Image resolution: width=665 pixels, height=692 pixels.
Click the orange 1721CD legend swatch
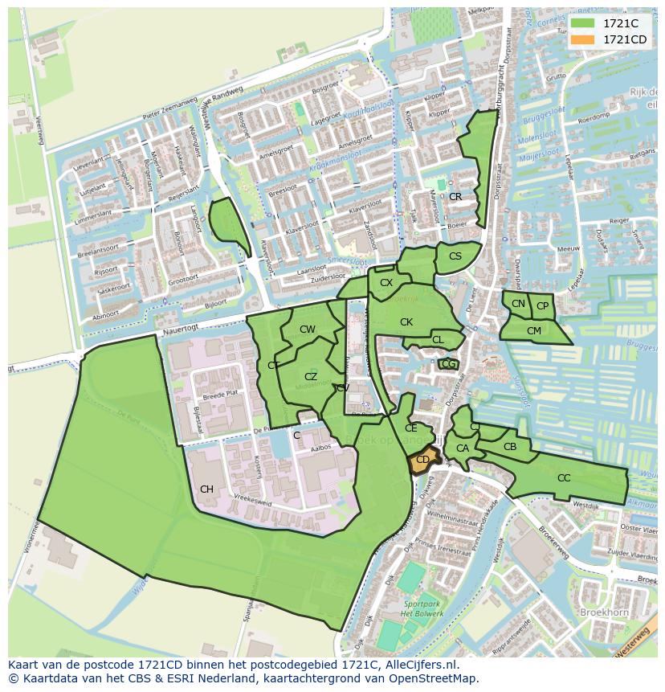[583, 39]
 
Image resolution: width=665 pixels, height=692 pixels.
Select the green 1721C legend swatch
[583, 23]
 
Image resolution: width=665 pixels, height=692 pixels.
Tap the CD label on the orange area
[422, 461]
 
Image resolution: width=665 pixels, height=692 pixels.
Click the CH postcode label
[206, 489]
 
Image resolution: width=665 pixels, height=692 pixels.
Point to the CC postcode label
[564, 478]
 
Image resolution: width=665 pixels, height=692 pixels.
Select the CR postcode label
[455, 197]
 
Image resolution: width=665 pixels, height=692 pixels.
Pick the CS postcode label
[455, 256]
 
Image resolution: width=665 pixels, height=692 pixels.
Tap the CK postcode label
[406, 322]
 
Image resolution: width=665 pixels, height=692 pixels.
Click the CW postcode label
[307, 330]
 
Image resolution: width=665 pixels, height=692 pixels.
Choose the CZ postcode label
[311, 377]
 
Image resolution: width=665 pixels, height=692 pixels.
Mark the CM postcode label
[534, 330]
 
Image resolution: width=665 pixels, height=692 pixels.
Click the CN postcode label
[518, 304]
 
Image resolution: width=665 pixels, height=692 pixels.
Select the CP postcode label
[542, 306]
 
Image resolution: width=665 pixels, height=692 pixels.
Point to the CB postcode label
[509, 447]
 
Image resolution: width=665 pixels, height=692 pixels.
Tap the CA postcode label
[463, 448]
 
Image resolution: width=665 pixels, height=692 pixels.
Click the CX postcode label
[386, 283]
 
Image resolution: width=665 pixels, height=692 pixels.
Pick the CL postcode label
[438, 340]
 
